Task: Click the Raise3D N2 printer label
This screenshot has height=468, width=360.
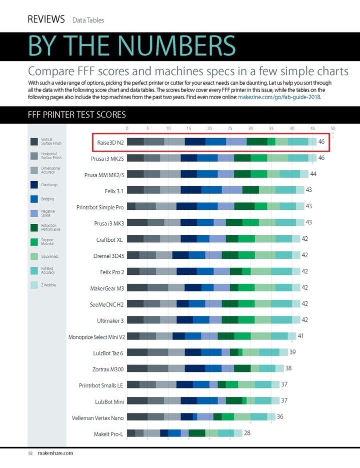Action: point(110,142)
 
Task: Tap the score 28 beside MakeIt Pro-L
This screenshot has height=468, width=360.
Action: point(247,433)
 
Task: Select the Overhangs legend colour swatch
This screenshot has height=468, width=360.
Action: point(34,185)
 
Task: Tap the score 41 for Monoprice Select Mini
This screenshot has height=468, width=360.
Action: point(300,336)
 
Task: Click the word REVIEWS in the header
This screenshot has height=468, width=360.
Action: point(46,20)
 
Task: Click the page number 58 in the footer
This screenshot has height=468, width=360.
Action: point(30,453)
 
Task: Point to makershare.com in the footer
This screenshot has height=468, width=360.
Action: point(55,453)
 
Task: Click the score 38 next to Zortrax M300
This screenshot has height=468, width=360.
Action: point(288,368)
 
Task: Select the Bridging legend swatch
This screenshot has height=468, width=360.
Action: point(34,199)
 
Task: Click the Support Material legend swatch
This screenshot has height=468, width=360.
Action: point(34,242)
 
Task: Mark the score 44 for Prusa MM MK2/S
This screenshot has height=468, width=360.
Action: point(313,174)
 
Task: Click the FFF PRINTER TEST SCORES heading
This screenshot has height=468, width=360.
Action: point(76,115)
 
